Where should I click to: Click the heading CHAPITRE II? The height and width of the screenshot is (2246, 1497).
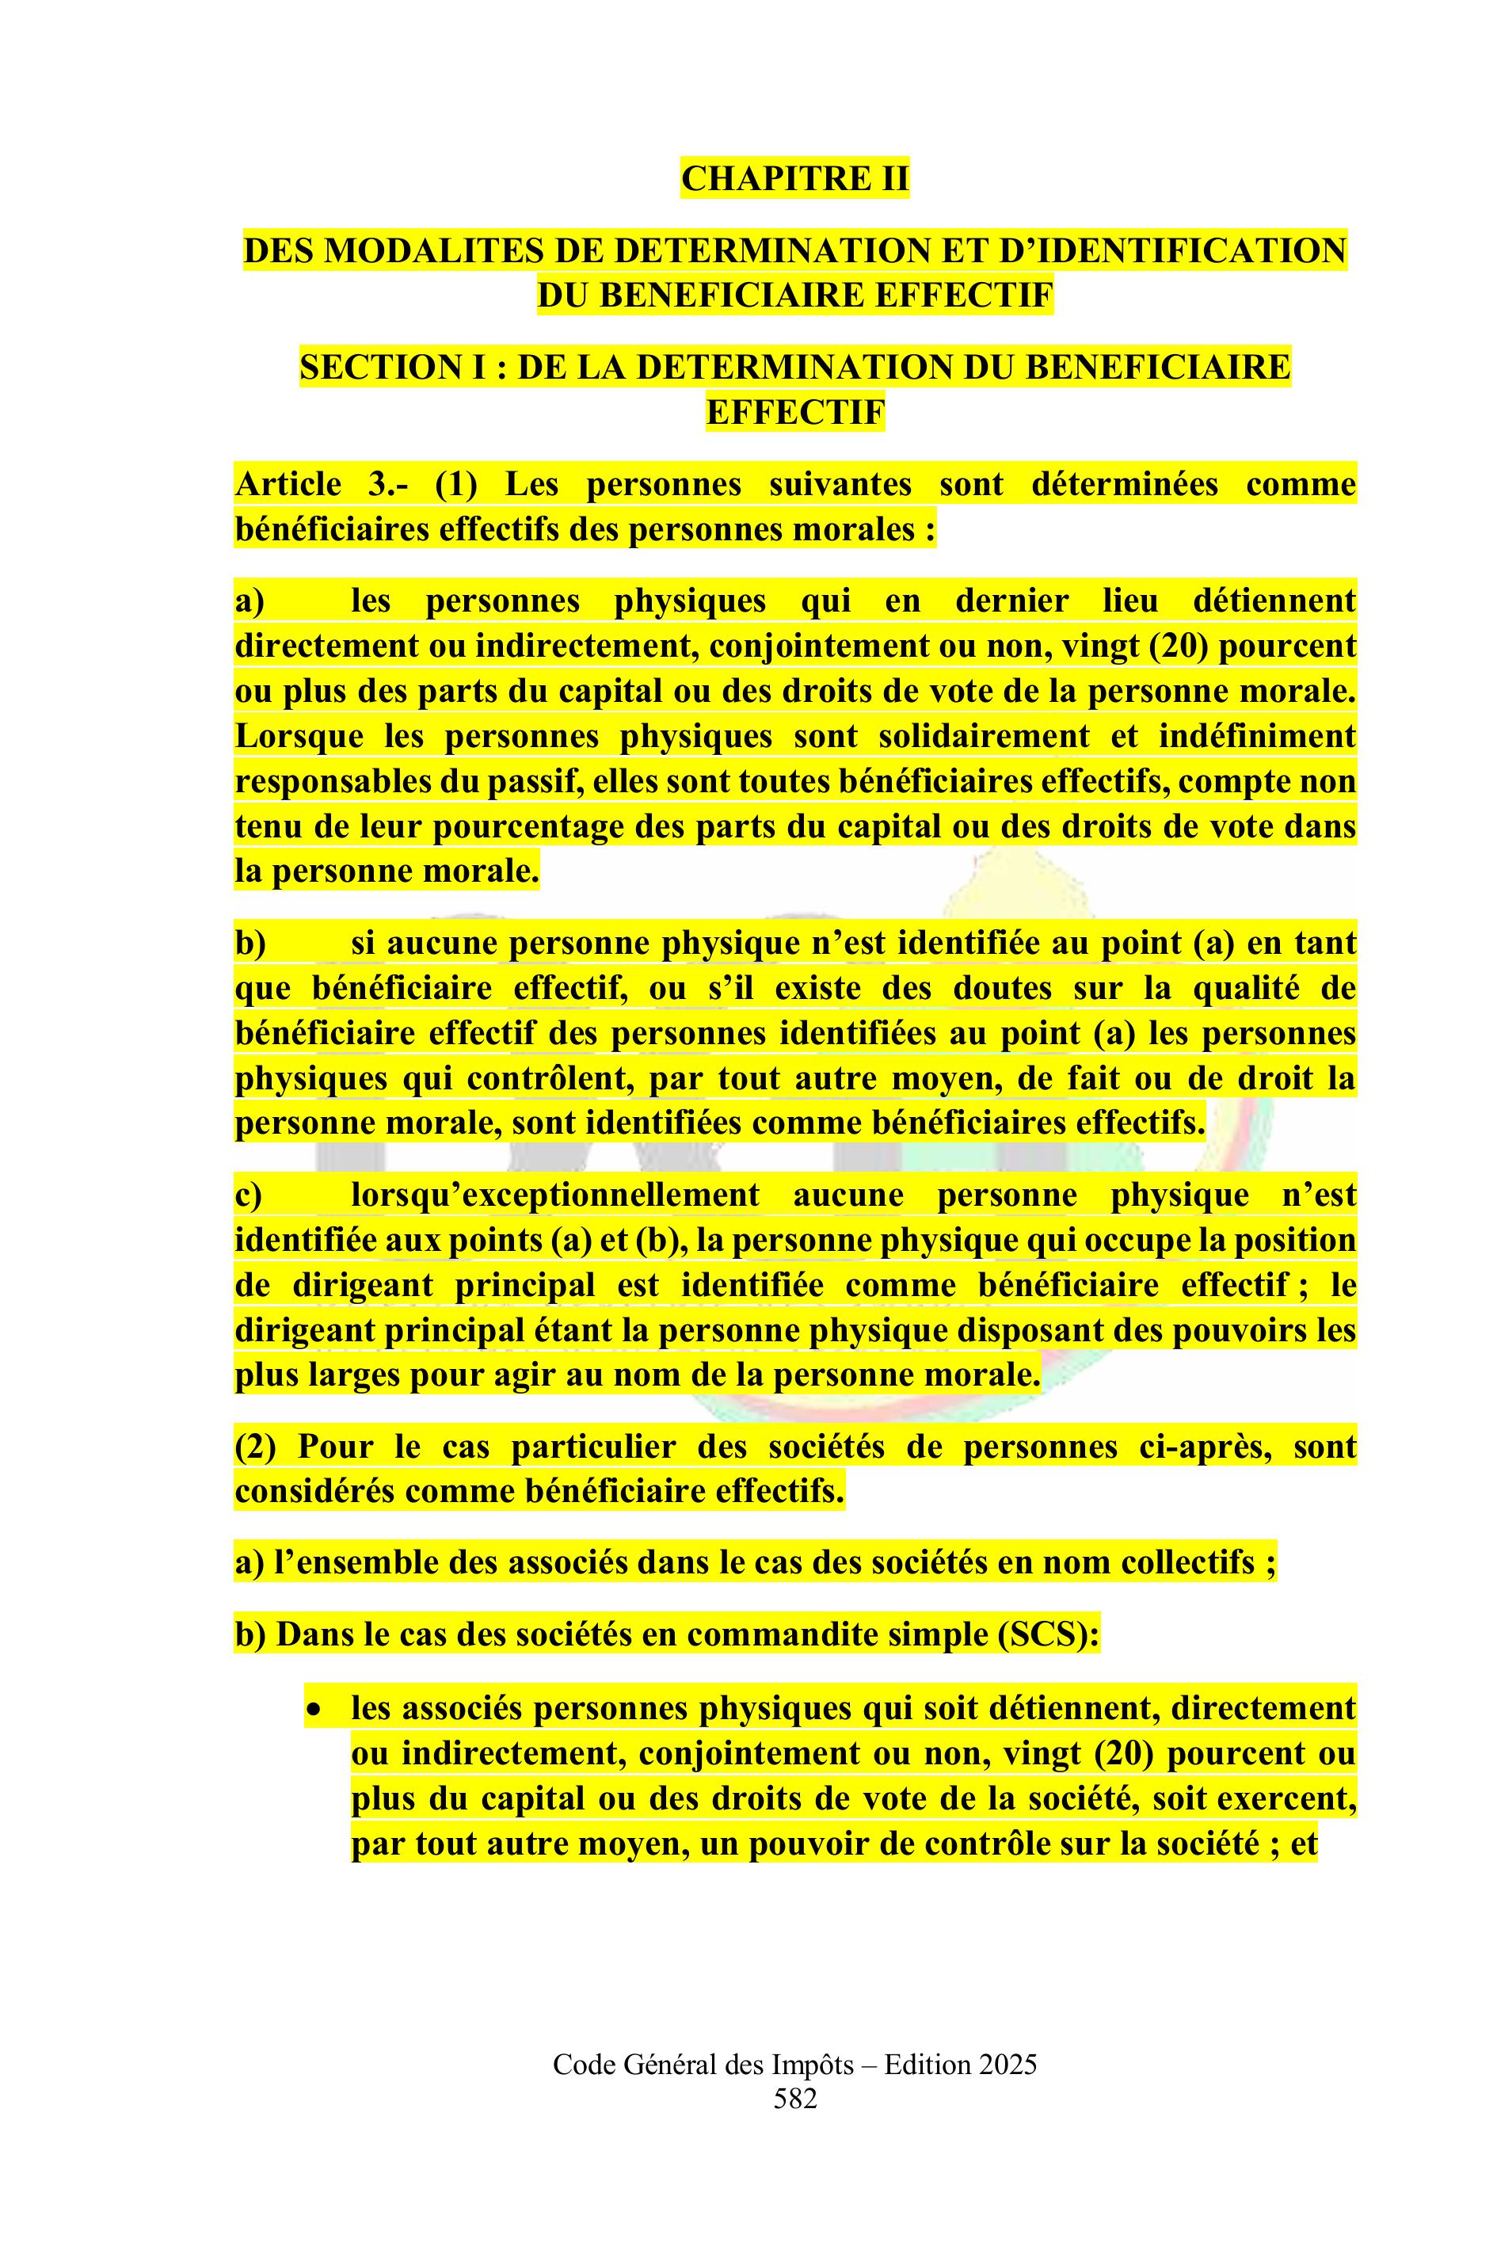coord(794,178)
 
